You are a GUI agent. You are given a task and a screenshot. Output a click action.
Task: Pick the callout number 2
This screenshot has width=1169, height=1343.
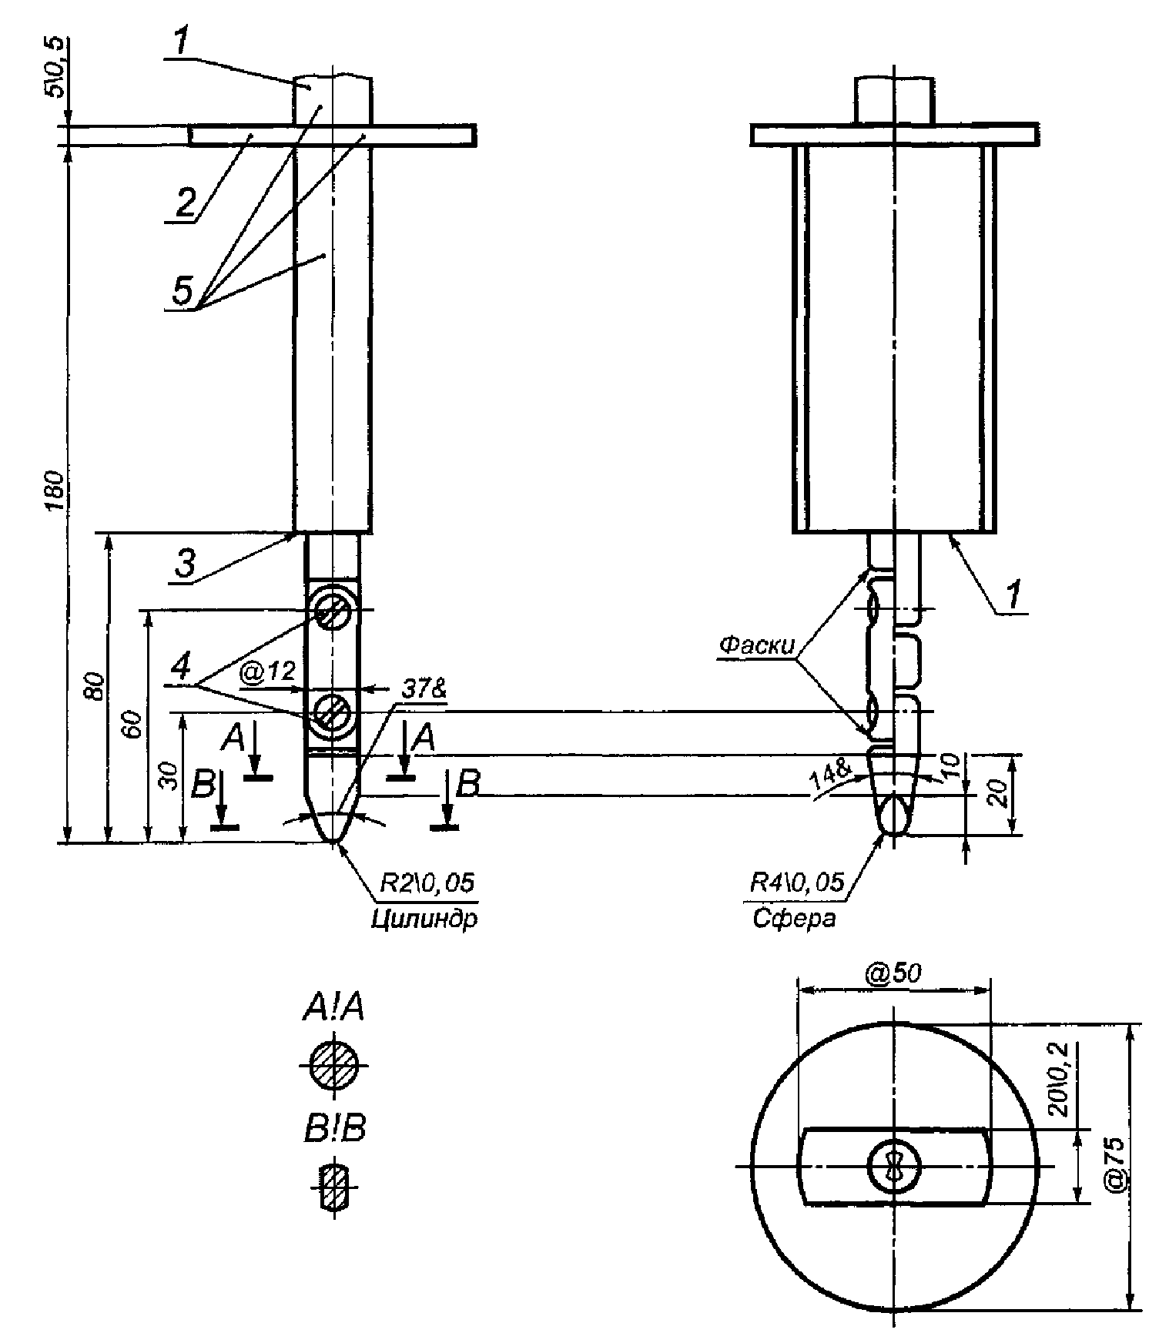point(186,203)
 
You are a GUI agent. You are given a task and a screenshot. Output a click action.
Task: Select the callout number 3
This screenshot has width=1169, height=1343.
point(186,564)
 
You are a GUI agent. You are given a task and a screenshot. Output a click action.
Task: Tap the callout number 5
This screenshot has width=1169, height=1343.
point(183,292)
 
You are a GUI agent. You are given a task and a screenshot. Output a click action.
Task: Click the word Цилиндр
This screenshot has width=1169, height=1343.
point(424,919)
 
